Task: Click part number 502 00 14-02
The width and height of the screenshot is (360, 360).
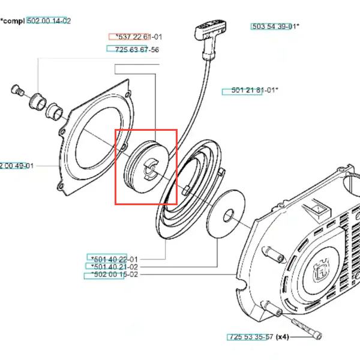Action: pos(49,21)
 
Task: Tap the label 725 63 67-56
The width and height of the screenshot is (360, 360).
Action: pos(133,49)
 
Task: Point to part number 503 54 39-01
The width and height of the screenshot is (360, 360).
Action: pos(274,26)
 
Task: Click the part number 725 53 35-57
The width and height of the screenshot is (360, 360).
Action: pos(251,337)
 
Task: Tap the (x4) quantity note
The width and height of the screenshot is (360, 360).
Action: pos(282,337)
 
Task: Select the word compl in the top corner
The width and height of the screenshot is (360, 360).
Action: pos(13,21)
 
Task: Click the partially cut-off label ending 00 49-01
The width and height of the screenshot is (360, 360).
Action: pos(16,166)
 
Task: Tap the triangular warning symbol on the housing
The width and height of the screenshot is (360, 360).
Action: pos(316,210)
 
